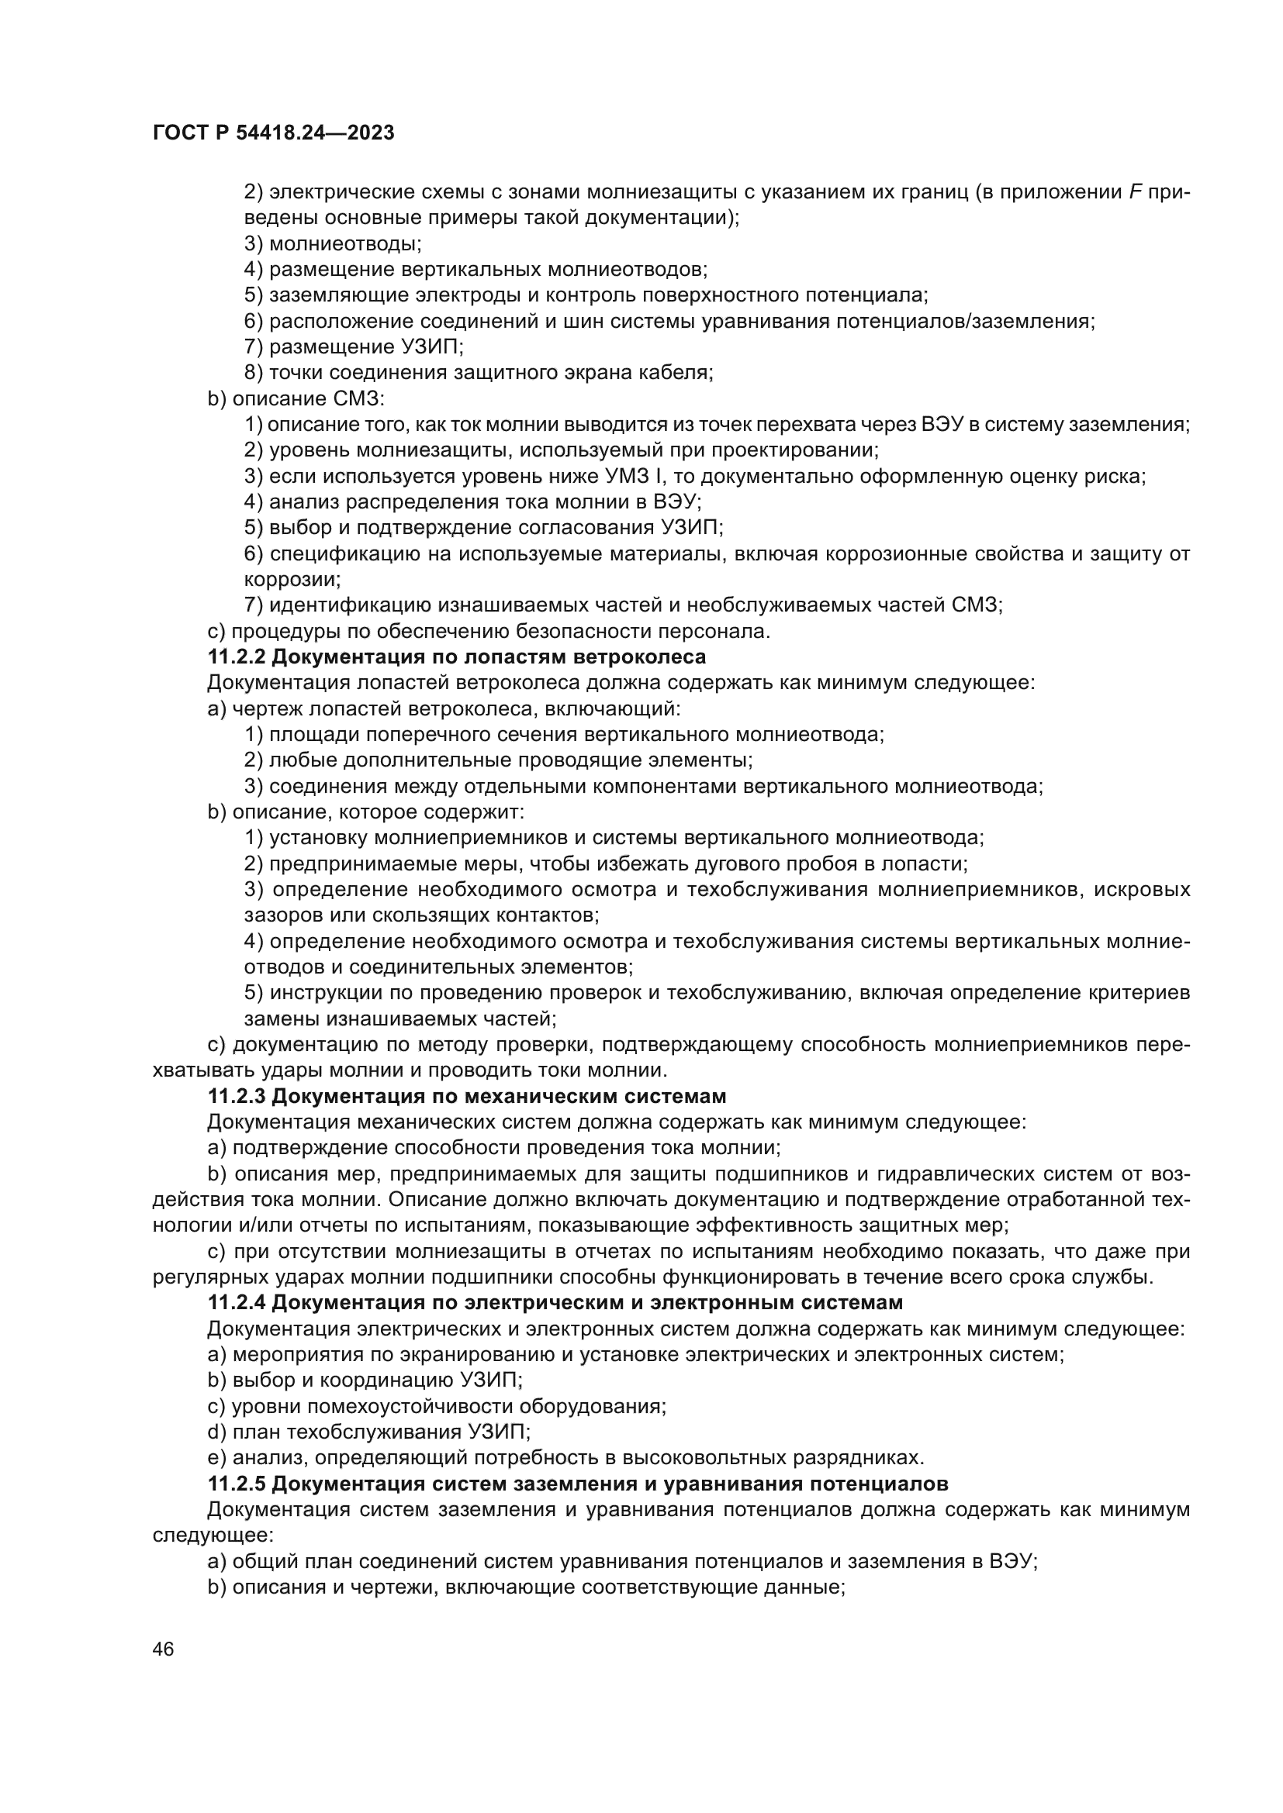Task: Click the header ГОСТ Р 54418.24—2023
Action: click(272, 133)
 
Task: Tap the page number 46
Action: click(164, 1649)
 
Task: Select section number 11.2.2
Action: click(237, 657)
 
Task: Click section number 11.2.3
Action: click(237, 1096)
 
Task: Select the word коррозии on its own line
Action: click(292, 580)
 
